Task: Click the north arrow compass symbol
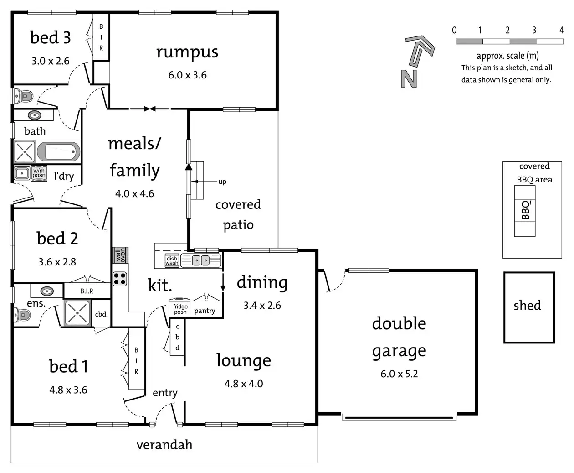417,61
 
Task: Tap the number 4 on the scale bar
562,30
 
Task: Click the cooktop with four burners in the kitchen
120,278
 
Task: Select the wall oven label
120,255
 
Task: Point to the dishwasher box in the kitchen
172,261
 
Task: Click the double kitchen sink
201,260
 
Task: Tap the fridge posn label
180,309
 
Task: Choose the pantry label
205,311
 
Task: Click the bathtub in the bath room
58,152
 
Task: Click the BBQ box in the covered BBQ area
525,211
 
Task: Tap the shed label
527,305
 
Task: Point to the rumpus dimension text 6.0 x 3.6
187,75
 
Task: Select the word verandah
164,445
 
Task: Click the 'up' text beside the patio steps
222,182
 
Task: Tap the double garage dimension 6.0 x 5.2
399,374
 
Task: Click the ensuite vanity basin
46,291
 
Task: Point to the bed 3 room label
50,37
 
